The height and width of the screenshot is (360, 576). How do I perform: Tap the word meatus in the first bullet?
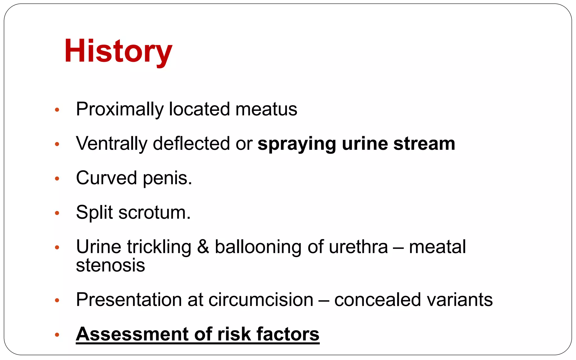pyautogui.click(x=266, y=109)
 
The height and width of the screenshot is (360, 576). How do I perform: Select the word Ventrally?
pyautogui.click(x=111, y=143)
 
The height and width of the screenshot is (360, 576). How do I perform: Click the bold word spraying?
pyautogui.click(x=297, y=144)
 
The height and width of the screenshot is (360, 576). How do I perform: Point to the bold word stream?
pyautogui.click(x=424, y=143)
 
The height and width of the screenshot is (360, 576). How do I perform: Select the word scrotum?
pyautogui.click(x=154, y=213)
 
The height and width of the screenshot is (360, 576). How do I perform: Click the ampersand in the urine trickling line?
pyautogui.click(x=203, y=247)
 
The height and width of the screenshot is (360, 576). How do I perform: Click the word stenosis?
pyautogui.click(x=111, y=265)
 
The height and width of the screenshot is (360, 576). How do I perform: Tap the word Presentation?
pyautogui.click(x=129, y=300)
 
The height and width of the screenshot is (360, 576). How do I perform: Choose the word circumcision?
pyautogui.click(x=261, y=300)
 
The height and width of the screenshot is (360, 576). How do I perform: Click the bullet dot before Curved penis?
pyautogui.click(x=57, y=179)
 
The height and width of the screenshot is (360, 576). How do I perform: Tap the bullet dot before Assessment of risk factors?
pyautogui.click(x=57, y=335)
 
